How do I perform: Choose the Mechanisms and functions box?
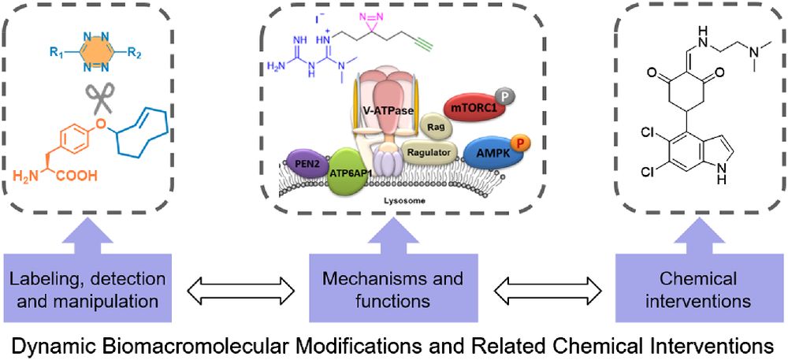click(392, 288)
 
